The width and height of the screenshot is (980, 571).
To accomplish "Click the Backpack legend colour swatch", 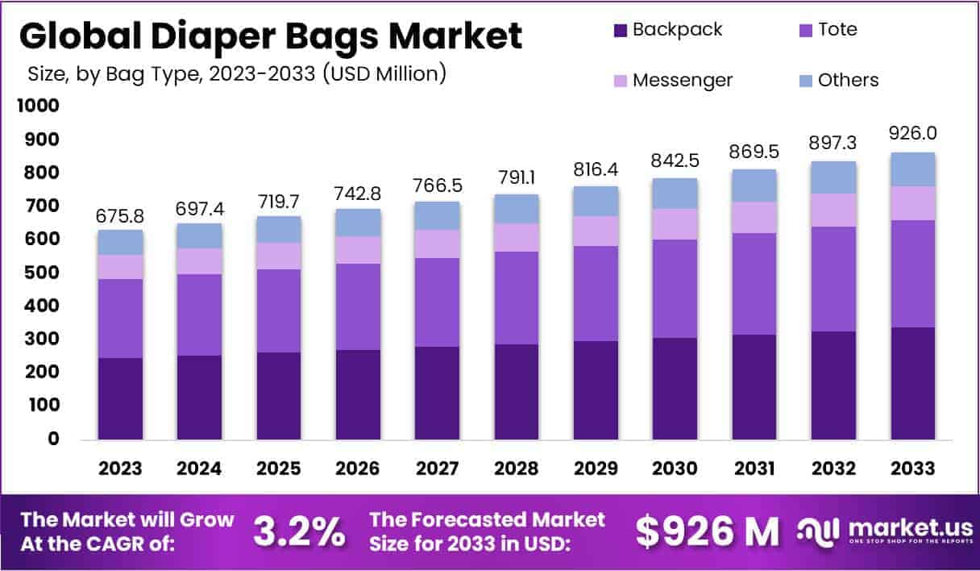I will (620, 31).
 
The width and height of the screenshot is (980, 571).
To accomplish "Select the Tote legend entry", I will (837, 30).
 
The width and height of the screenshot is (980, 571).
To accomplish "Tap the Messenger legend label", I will (682, 81).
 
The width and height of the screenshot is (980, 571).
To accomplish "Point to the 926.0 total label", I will (913, 134).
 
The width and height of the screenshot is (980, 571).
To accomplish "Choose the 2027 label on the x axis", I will (438, 469).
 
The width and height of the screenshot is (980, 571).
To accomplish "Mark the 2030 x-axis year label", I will (675, 469).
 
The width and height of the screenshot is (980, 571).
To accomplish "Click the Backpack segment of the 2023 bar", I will (121, 398).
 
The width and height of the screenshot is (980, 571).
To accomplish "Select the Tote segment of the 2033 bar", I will (913, 273).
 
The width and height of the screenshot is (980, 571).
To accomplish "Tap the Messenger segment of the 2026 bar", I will (359, 250).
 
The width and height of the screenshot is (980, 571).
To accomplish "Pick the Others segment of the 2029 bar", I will (596, 201).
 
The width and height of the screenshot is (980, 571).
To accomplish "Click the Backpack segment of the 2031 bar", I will (754, 386).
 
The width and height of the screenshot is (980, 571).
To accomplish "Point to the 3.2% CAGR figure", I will (299, 531).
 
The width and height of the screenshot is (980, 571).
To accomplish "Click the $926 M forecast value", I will (708, 531).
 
